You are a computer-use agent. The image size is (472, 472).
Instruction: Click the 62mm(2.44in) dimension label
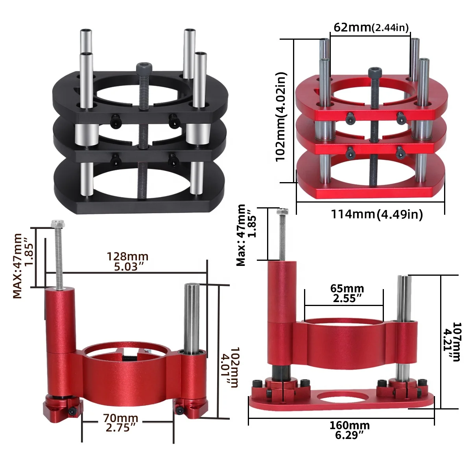[x=371, y=27]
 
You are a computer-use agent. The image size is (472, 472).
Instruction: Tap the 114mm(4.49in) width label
[x=377, y=214]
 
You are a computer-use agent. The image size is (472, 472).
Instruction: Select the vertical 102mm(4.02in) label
[x=280, y=117]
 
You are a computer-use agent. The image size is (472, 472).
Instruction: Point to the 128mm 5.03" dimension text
[x=127, y=262]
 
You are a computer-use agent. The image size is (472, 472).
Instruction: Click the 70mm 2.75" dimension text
[x=120, y=422]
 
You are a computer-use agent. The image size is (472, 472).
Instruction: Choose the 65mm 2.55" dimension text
[x=347, y=293]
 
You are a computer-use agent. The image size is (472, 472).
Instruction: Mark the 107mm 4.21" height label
[x=452, y=342]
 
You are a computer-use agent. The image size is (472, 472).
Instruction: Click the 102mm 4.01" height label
[x=230, y=367]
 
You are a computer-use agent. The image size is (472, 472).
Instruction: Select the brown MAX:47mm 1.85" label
[x=23, y=266]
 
